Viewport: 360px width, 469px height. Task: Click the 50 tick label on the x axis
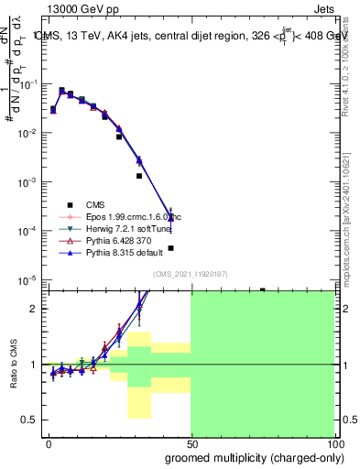pos(191,443)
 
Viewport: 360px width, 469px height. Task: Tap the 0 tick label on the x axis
pos(49,443)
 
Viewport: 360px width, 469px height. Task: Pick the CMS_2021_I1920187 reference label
pos(191,274)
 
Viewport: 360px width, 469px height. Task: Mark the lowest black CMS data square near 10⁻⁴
pos(170,247)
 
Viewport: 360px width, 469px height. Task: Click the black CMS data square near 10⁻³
pos(139,176)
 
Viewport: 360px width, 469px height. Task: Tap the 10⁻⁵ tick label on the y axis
pos(28,279)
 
